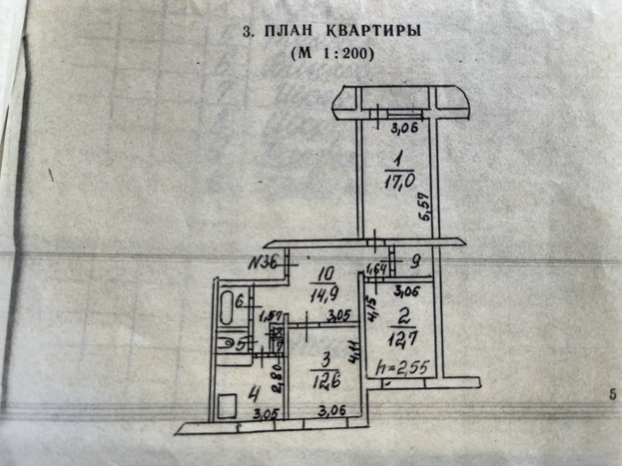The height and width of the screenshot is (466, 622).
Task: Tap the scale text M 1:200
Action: (333, 54)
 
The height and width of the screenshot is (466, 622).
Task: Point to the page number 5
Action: (612, 395)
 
